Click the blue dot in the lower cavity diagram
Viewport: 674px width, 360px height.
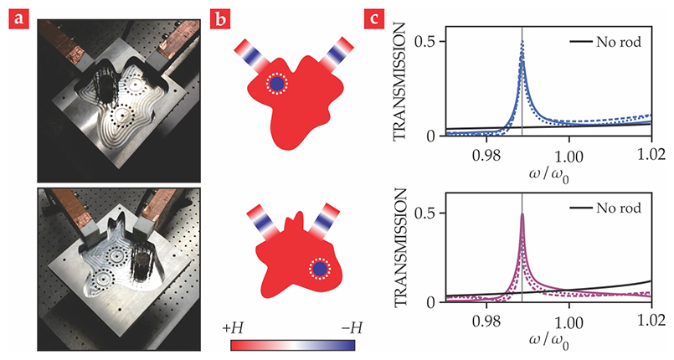pos(320,268)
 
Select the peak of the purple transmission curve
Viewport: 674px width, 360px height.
pos(522,215)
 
